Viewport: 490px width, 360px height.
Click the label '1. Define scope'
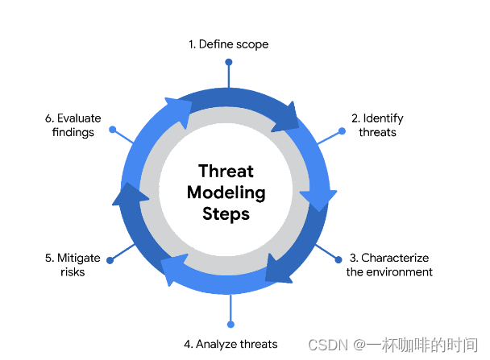228,44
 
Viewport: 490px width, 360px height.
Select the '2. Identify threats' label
377,125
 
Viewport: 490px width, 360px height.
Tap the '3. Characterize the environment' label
389,265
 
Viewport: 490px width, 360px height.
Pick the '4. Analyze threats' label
230,344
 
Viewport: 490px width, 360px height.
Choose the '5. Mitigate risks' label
73,265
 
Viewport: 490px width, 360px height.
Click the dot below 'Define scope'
229,62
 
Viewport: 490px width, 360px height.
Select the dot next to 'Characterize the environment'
338,259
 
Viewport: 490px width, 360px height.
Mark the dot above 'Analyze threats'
230,324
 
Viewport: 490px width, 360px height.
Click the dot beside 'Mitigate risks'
110,260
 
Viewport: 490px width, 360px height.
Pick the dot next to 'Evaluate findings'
113,129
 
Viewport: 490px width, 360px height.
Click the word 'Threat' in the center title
226,171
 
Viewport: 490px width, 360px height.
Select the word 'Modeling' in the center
226,192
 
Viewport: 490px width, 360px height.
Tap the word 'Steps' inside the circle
226,214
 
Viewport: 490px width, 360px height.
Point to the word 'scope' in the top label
252,44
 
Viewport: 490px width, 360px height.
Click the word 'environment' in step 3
401,272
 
